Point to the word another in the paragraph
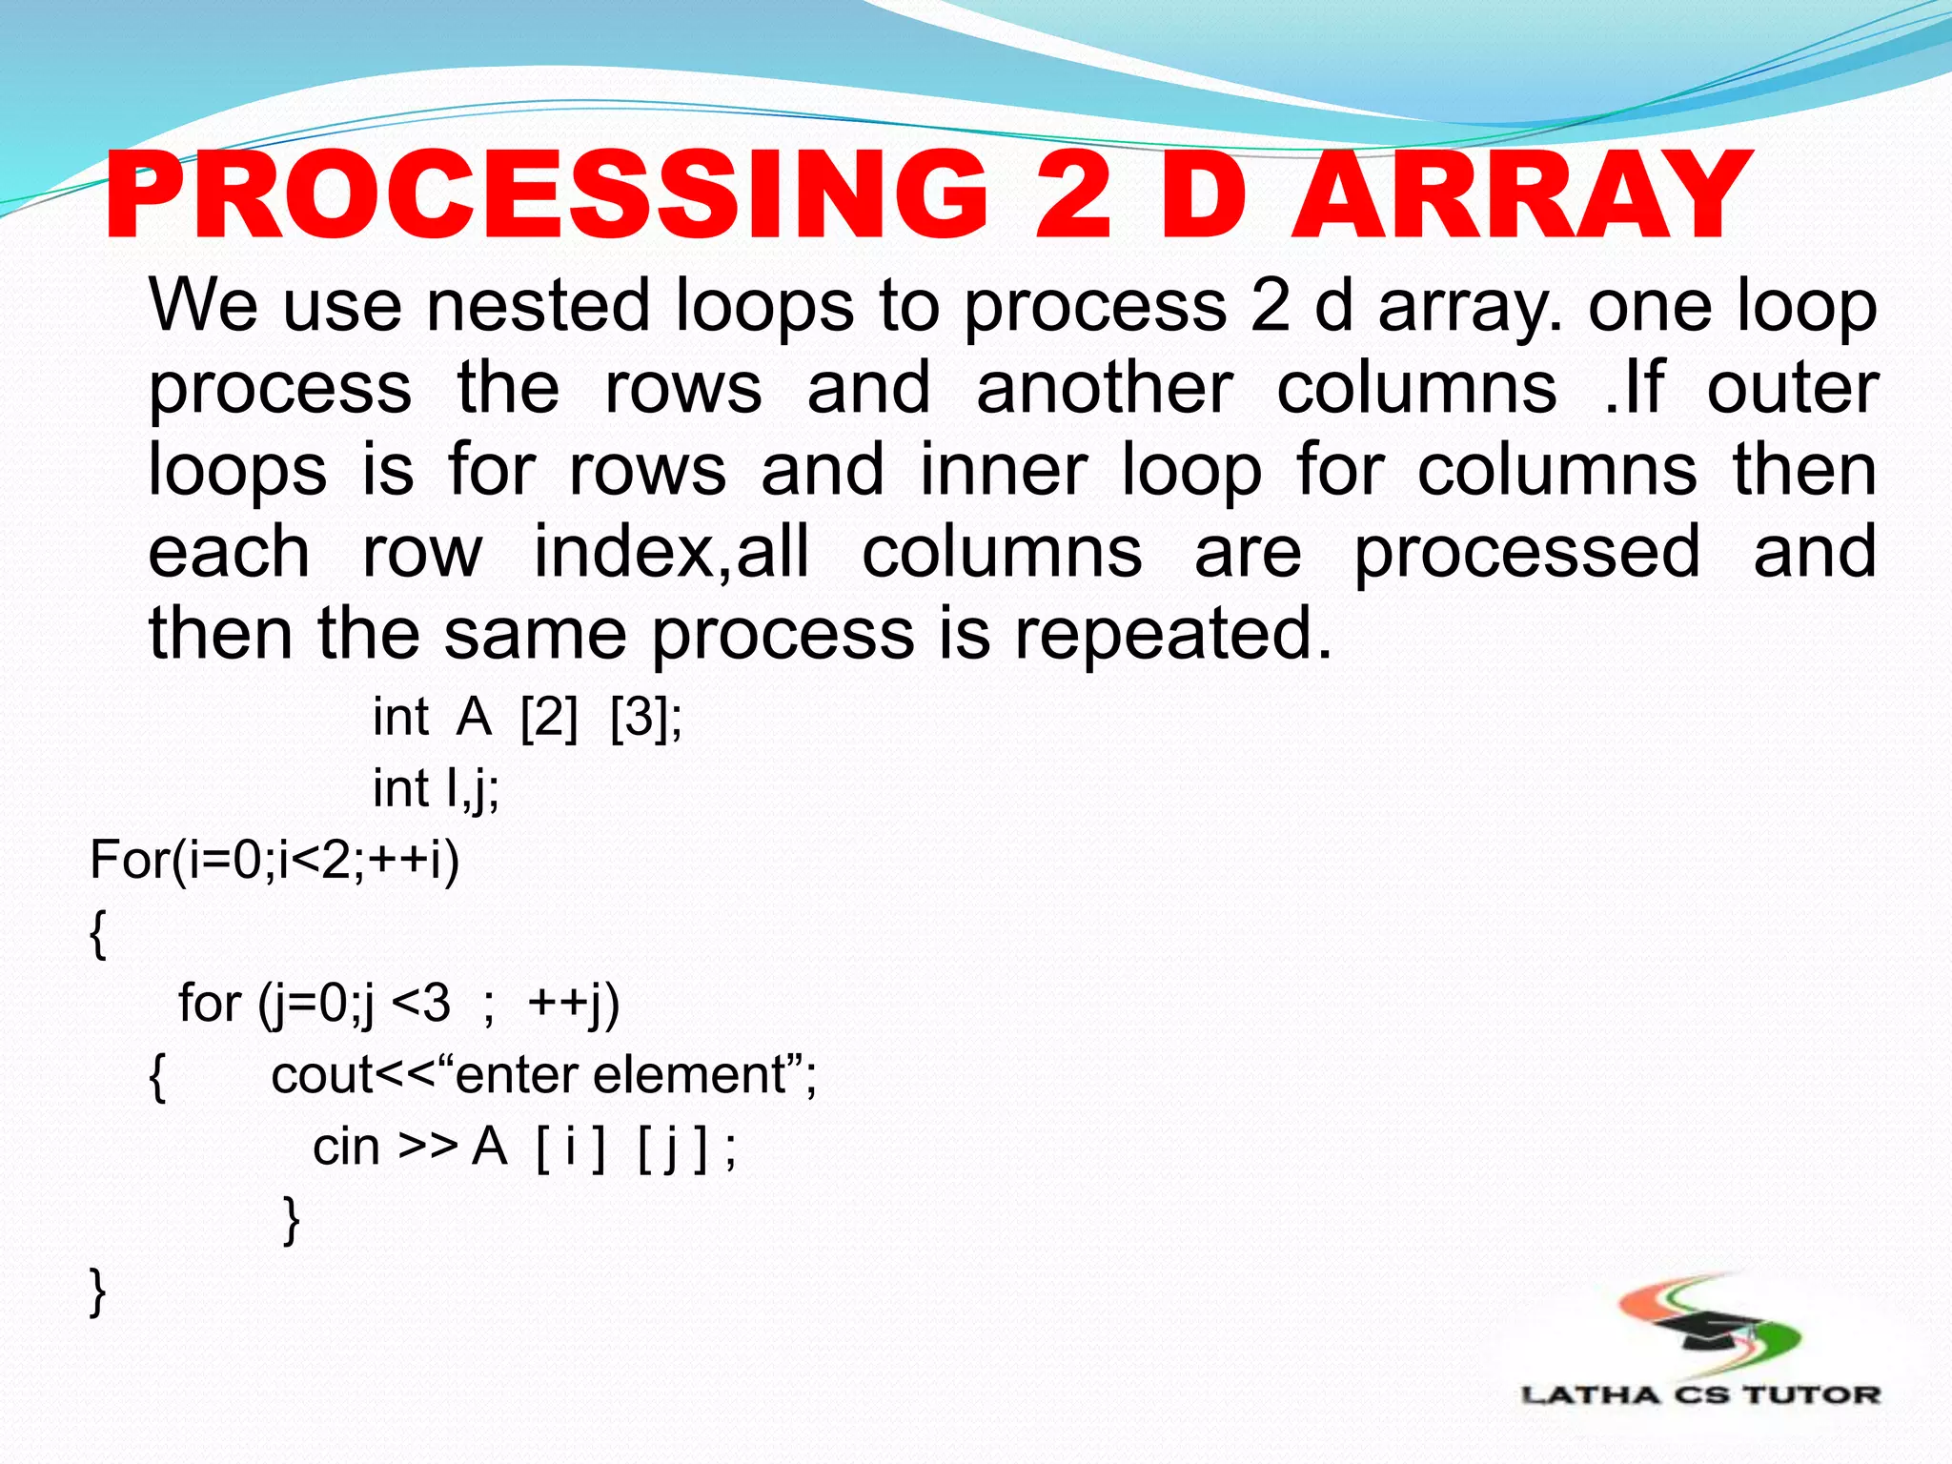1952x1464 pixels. click(x=1105, y=388)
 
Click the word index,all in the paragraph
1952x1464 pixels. click(x=672, y=553)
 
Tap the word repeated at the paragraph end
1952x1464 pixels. click(x=1171, y=634)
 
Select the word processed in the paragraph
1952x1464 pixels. click(x=1527, y=553)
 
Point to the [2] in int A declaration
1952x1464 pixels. click(x=549, y=717)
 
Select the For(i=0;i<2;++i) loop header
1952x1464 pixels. click(x=274, y=860)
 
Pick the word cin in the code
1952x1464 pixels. click(x=346, y=1147)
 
